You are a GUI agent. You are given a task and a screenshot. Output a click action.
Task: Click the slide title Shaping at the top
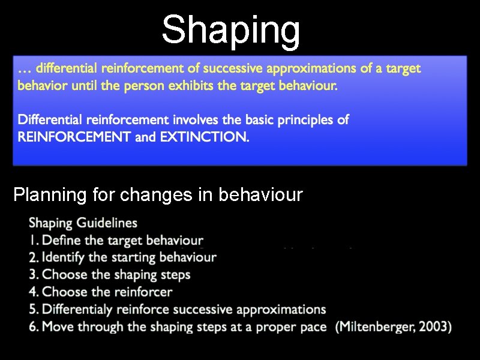tap(231, 29)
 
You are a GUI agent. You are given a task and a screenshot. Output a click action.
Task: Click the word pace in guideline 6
tap(314, 327)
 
